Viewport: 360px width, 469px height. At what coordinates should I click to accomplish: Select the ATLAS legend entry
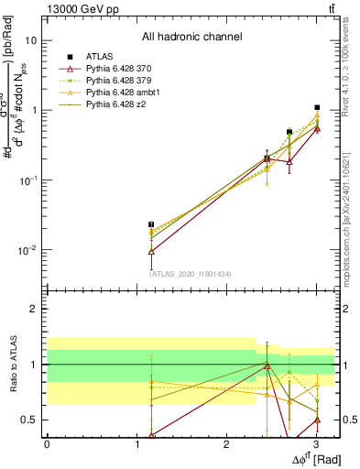click(x=101, y=58)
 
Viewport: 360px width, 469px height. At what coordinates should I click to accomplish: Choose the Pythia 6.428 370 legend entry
click(x=123, y=70)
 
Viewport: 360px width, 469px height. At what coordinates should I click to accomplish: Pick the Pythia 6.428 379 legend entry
click(x=123, y=82)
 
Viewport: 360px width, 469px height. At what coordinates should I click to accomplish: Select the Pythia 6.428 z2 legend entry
click(x=120, y=105)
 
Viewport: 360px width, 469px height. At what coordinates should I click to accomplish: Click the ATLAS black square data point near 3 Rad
click(x=317, y=108)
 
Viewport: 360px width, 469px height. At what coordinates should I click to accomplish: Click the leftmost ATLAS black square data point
click(x=151, y=224)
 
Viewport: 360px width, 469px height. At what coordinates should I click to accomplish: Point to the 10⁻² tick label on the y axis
click(x=27, y=249)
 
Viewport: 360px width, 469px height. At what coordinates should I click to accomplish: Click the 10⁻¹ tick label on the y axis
click(x=27, y=180)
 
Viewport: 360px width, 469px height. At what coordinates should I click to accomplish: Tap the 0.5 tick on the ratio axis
click(x=30, y=420)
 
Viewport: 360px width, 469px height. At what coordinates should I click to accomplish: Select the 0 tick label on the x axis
click(x=47, y=442)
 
